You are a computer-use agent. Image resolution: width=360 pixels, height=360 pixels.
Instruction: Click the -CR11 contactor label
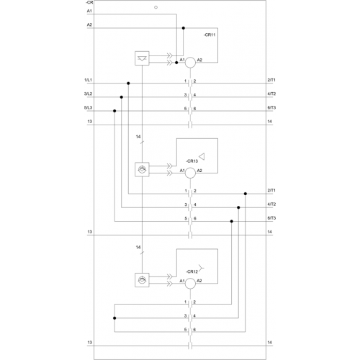210,35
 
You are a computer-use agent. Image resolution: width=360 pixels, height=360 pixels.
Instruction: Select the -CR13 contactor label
192,161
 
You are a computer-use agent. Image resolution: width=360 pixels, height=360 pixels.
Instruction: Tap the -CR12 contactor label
192,271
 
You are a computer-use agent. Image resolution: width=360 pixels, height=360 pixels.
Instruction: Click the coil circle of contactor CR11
190,63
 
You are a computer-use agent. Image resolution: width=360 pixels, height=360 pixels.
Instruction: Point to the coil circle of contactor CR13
190,173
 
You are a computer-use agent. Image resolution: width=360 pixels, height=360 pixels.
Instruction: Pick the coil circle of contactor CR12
190,284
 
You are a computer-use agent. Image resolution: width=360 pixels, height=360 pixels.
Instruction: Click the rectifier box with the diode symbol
142,58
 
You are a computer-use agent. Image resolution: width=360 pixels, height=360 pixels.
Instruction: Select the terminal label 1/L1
88,80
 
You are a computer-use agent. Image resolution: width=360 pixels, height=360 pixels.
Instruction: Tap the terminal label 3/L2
88,94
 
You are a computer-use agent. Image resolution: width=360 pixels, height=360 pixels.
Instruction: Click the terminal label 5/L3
88,108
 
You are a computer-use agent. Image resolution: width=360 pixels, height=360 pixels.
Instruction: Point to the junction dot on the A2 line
184,28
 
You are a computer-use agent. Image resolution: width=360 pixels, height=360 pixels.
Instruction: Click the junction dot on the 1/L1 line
128,84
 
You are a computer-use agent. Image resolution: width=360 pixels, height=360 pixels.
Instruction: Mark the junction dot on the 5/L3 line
114,111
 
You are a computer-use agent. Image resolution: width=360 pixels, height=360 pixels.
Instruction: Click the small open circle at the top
156,7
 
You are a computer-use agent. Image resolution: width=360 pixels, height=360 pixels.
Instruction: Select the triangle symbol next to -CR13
202,156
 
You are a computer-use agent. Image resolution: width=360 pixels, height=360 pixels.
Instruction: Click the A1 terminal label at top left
89,11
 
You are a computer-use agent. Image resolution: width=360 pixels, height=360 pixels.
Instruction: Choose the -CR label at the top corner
89,2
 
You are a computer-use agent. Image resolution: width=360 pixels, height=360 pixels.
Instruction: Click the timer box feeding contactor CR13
142,170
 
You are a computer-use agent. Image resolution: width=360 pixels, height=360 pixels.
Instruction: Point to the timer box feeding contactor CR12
142,280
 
